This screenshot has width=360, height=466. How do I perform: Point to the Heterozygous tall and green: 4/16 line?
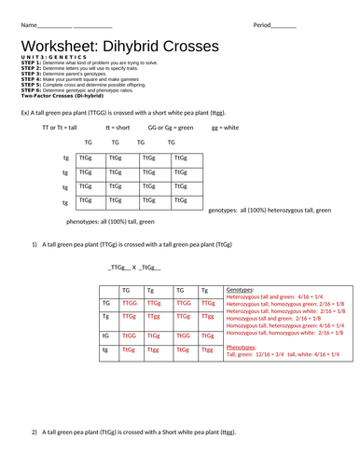[x=280, y=296]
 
